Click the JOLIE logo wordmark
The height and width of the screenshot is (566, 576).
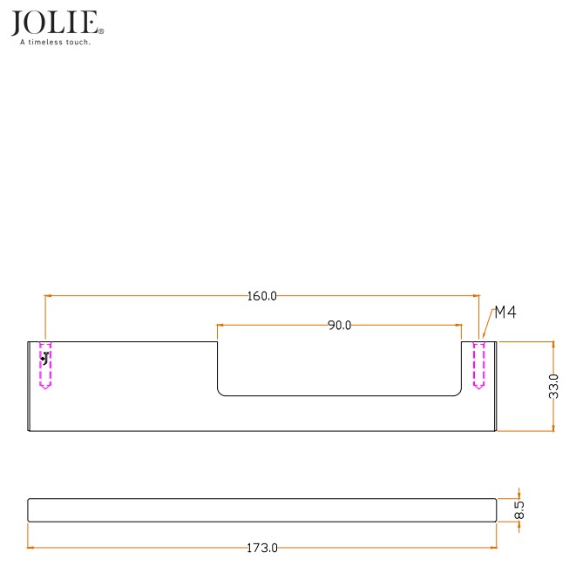coord(55,23)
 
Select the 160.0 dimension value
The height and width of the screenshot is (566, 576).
coord(261,296)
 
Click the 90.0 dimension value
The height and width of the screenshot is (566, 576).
coord(339,326)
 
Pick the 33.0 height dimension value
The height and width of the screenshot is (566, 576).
coord(553,385)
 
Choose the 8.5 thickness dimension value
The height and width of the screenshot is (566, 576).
coord(519,509)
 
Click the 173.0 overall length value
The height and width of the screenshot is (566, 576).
coord(261,548)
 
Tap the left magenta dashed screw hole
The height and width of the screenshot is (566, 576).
coord(45,366)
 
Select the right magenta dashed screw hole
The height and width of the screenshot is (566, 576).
coord(478,366)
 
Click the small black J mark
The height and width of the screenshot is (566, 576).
coord(44,357)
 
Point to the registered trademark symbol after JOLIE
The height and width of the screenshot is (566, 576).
coord(102,31)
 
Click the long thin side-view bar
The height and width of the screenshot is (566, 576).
coord(261,509)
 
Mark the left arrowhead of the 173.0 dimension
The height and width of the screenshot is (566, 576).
coord(32,548)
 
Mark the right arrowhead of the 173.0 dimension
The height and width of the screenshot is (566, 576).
coord(492,548)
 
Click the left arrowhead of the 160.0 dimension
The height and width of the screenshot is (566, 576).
coord(49,296)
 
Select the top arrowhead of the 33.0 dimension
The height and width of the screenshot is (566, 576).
coord(553,346)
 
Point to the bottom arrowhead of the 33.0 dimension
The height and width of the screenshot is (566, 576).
coord(553,426)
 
